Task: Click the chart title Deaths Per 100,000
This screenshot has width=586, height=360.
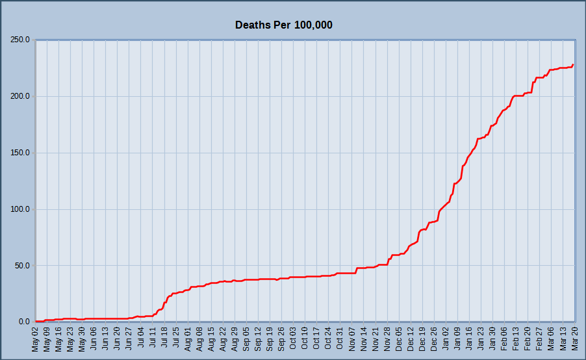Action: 284,25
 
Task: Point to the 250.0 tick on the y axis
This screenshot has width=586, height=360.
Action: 20,40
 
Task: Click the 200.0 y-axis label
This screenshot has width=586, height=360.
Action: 20,96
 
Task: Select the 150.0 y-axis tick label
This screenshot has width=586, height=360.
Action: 20,153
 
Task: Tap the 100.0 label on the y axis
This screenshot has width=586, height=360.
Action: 20,209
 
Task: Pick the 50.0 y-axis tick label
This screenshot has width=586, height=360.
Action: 22,266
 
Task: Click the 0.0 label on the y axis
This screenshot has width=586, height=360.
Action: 24,322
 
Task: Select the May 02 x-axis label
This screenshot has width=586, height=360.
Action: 35,339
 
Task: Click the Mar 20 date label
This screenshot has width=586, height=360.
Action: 574,339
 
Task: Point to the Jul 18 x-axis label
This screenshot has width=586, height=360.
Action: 164,339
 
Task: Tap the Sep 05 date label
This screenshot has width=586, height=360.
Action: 246,339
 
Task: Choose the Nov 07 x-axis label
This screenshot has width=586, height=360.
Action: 351,339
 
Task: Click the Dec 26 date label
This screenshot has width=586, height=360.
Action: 434,339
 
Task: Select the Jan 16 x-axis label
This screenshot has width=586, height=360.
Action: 469,339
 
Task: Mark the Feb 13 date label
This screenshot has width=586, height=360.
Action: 516,339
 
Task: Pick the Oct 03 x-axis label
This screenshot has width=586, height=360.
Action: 293,339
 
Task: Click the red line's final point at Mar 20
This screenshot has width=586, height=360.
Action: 573,65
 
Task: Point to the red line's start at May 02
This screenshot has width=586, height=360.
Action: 36,321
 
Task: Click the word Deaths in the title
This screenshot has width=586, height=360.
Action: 253,25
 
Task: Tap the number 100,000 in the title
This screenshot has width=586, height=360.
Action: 313,25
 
